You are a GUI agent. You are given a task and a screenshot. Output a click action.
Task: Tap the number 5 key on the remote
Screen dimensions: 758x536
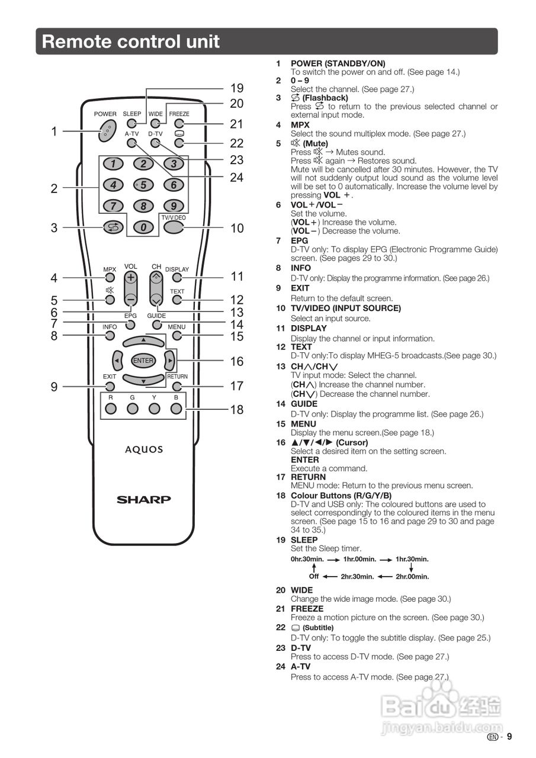143,185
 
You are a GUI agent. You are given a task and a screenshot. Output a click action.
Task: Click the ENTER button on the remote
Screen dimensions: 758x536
143,361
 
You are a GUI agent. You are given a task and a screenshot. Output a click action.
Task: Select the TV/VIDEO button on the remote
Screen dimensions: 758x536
173,227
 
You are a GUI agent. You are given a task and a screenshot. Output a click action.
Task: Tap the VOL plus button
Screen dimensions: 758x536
131,277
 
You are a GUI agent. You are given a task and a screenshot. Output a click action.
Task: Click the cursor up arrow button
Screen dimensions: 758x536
143,341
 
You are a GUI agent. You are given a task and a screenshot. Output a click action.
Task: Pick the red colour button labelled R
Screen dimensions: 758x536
110,408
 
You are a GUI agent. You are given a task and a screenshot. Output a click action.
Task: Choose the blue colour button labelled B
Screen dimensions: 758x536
176,408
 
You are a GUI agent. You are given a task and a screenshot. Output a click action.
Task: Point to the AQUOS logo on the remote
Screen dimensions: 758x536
143,449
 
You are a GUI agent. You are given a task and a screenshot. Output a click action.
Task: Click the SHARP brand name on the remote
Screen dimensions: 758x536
143,500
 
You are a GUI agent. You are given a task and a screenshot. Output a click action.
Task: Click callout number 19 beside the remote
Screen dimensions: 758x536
237,88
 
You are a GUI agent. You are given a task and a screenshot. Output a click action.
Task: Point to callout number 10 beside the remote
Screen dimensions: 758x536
237,228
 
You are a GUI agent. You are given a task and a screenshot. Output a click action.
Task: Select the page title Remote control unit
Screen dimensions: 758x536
131,41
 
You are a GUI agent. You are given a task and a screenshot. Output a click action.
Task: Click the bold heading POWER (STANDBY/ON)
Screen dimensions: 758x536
338,63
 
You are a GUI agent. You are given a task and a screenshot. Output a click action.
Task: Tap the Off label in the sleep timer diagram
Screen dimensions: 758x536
314,576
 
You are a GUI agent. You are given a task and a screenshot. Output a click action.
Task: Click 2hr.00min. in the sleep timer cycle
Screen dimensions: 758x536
412,576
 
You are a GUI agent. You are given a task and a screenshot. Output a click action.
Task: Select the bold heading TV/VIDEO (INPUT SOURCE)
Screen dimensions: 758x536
345,309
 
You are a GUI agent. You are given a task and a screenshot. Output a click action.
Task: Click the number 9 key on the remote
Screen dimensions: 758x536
174,206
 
